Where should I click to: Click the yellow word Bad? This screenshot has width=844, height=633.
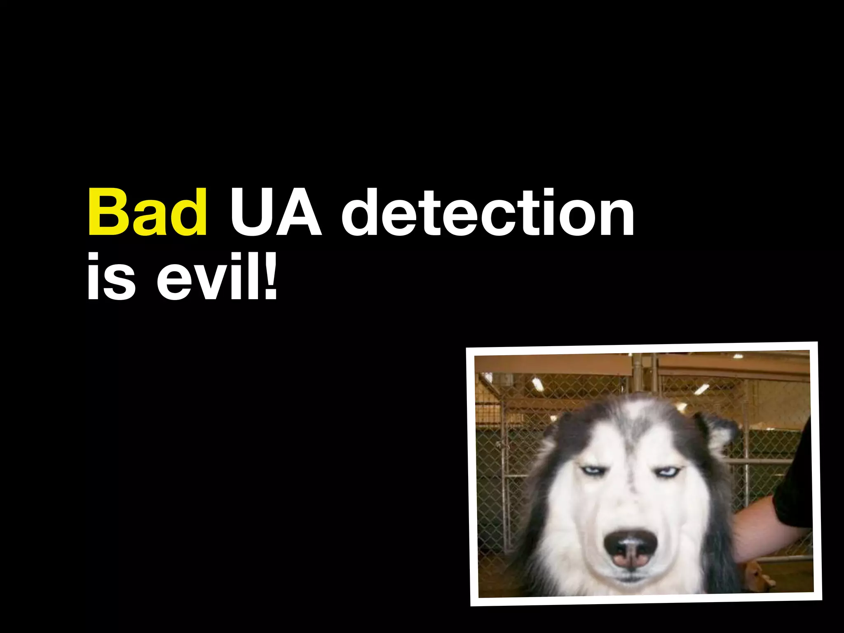point(147,213)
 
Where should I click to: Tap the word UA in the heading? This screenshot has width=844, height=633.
point(275,213)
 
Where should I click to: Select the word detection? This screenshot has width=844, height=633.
point(488,213)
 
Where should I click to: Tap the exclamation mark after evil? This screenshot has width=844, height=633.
point(270,275)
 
